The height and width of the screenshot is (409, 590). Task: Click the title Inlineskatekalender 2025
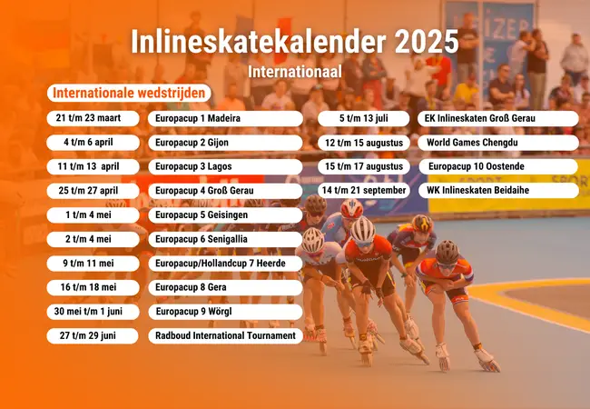294,42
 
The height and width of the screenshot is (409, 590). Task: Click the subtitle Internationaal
294,69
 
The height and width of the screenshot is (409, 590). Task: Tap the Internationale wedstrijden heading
131,94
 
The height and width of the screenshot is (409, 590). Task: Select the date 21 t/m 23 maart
93,118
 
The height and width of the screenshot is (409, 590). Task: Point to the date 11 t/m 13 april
93,167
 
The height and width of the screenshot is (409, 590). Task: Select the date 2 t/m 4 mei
93,239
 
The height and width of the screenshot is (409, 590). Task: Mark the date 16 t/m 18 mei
93,287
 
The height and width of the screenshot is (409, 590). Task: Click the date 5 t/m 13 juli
364,118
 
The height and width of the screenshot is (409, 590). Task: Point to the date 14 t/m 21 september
364,191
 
